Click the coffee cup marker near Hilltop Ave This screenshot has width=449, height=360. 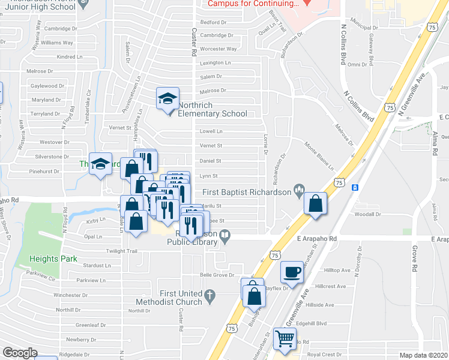pyautogui.click(x=292, y=271)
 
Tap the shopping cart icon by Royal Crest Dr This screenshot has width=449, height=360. pyautogui.click(x=285, y=338)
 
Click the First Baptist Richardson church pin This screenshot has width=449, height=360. pyautogui.click(x=299, y=191)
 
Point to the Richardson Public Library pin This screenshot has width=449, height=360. pyautogui.click(x=225, y=238)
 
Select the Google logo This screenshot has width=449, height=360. pyautogui.click(x=20, y=353)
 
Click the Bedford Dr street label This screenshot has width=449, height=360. pyautogui.click(x=212, y=22)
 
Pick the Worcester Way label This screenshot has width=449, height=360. pyautogui.click(x=218, y=49)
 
